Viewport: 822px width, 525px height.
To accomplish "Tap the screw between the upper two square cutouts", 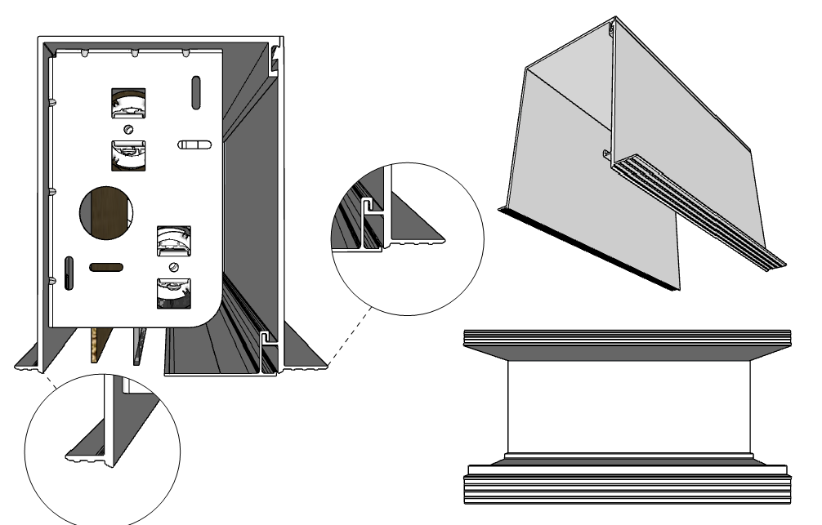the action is pos(128,129).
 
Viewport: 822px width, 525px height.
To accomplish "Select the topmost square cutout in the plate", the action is pos(128,104).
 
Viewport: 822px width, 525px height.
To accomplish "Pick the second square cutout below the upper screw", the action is pos(128,154).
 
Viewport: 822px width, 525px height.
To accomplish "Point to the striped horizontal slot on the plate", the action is pos(194,145).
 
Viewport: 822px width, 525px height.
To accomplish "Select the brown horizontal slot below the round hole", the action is pos(106,267).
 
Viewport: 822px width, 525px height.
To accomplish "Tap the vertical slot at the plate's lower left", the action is pos(69,273).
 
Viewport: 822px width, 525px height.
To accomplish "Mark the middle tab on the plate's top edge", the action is pos(133,54).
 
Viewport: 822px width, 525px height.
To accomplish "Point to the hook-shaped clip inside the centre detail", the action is pos(370,202).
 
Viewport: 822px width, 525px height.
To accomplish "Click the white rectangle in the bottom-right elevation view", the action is pos(628,407).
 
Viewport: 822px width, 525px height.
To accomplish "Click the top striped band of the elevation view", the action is pos(627,337).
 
